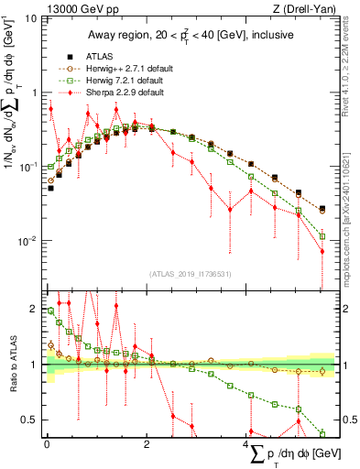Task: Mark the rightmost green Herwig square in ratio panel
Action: [322, 433]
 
